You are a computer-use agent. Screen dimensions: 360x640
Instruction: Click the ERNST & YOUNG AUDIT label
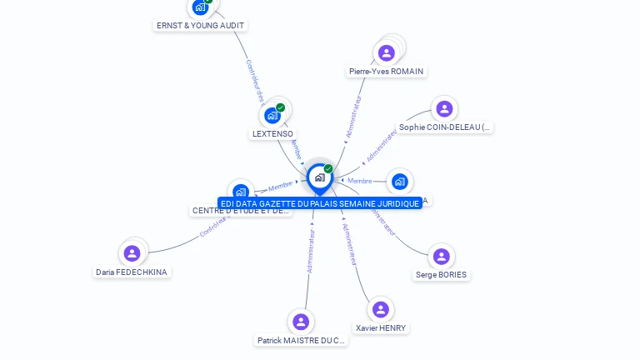pyautogui.click(x=201, y=26)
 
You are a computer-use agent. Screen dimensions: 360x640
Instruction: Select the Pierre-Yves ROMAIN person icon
pyautogui.click(x=386, y=53)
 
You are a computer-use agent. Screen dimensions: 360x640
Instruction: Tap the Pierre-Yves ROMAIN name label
pyautogui.click(x=387, y=72)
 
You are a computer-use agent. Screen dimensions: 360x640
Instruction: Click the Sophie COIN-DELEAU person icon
pyautogui.click(x=444, y=109)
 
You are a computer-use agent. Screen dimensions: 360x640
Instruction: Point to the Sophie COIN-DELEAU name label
pyautogui.click(x=445, y=127)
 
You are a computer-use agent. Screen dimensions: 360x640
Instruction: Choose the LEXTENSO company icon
pyautogui.click(x=272, y=116)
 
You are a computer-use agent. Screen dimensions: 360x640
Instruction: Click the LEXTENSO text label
pyautogui.click(x=273, y=133)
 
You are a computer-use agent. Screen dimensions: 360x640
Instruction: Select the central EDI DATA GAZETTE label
pyautogui.click(x=320, y=203)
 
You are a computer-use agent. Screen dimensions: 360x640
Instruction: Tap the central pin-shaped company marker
pyautogui.click(x=319, y=177)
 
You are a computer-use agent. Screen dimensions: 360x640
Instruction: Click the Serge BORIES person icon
pyautogui.click(x=441, y=257)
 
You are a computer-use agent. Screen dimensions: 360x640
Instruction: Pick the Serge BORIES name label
pyautogui.click(x=442, y=275)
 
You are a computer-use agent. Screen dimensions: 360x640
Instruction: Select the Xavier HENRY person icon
pyautogui.click(x=381, y=310)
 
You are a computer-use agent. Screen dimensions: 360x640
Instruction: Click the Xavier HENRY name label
pyautogui.click(x=381, y=328)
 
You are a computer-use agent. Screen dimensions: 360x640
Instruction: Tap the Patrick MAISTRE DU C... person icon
pyautogui.click(x=301, y=322)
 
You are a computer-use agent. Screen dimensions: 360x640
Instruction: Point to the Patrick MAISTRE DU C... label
pyautogui.click(x=301, y=340)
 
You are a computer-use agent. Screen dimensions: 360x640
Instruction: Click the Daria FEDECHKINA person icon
pyautogui.click(x=132, y=253)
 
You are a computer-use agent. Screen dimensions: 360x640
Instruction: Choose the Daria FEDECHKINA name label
pyautogui.click(x=132, y=272)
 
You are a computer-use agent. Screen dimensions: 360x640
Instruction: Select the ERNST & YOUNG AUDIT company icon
pyautogui.click(x=200, y=7)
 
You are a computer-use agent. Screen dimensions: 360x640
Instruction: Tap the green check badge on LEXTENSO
pyautogui.click(x=281, y=107)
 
